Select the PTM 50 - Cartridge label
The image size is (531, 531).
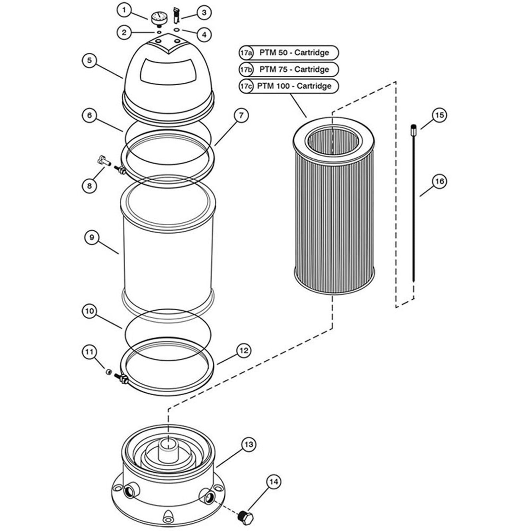(x=294, y=52)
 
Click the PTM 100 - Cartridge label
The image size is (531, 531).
(x=294, y=86)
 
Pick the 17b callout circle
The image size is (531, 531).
(x=246, y=69)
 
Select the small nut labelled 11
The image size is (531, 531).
(x=109, y=371)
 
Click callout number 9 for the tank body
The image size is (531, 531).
(x=92, y=238)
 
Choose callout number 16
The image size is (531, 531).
(x=439, y=181)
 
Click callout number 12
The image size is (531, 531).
(x=244, y=351)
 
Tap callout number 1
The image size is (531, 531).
(x=124, y=10)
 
